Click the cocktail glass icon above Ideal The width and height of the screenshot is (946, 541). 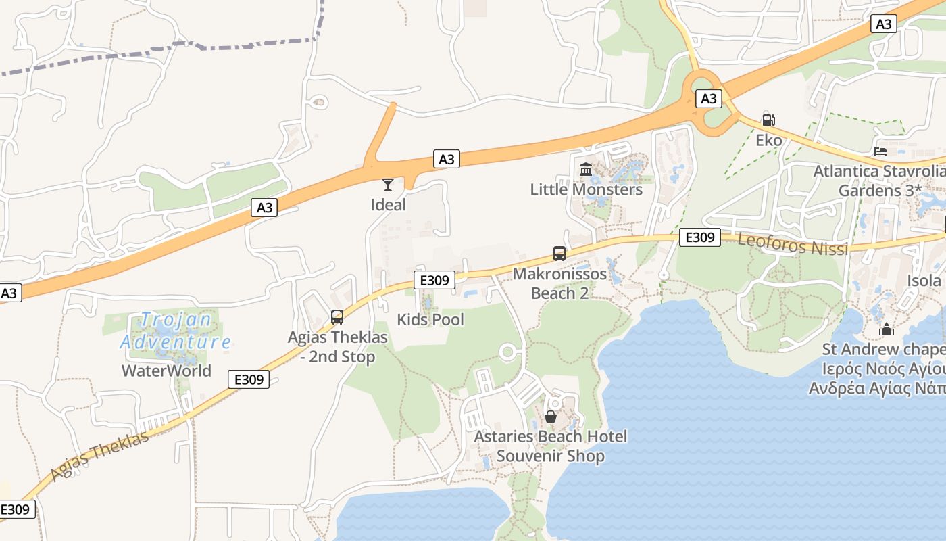(387, 184)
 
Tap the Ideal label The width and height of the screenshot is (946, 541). (389, 205)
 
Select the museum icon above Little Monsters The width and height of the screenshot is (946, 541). (586, 169)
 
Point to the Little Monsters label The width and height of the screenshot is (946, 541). (586, 189)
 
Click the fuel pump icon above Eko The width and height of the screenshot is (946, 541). (768, 120)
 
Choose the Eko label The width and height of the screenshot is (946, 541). (769, 141)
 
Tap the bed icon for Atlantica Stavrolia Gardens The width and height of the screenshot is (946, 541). (880, 151)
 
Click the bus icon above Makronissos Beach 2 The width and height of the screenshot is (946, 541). (559, 254)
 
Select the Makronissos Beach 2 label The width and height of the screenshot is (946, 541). (559, 284)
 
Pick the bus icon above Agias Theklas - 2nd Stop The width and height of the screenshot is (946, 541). (337, 316)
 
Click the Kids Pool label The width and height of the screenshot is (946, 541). (430, 320)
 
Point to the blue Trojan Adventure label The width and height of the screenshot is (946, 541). (176, 331)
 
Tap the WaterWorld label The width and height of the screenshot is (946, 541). (166, 371)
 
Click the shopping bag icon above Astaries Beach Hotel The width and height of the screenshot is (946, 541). (551, 417)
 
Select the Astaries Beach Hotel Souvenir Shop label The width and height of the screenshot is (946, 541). (550, 446)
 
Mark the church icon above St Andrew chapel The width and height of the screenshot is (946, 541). (886, 330)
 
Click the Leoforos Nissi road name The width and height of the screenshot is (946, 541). (793, 244)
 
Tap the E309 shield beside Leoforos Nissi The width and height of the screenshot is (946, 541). (699, 237)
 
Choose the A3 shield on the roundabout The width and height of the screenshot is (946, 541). (708, 99)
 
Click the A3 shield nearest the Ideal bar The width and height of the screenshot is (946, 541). (446, 160)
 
